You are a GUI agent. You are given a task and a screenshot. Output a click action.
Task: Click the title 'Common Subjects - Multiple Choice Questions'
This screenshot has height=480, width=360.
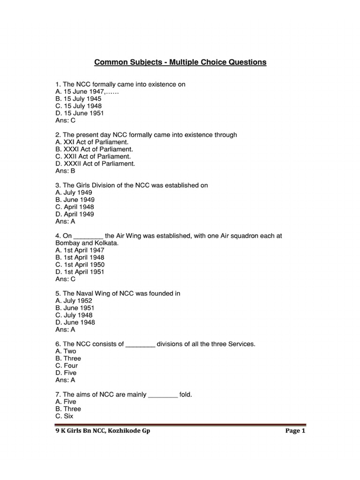(x=180, y=62)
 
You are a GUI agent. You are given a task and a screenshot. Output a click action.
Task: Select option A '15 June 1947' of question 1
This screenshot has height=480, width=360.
(x=87, y=92)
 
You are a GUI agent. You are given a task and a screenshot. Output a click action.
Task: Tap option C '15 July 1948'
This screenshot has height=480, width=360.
(x=78, y=106)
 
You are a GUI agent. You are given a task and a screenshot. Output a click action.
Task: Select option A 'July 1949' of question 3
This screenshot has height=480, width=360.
(x=74, y=193)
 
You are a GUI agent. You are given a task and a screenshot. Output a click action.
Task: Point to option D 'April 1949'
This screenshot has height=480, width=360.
(x=75, y=214)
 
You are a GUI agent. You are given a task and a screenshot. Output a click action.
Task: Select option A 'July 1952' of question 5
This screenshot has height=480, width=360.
(x=74, y=301)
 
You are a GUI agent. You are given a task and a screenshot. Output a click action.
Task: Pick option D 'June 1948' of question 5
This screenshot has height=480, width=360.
(x=75, y=322)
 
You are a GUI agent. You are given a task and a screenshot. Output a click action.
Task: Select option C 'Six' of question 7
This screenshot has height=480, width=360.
(x=64, y=416)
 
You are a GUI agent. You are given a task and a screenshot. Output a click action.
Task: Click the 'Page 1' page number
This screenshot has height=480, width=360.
(x=295, y=431)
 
